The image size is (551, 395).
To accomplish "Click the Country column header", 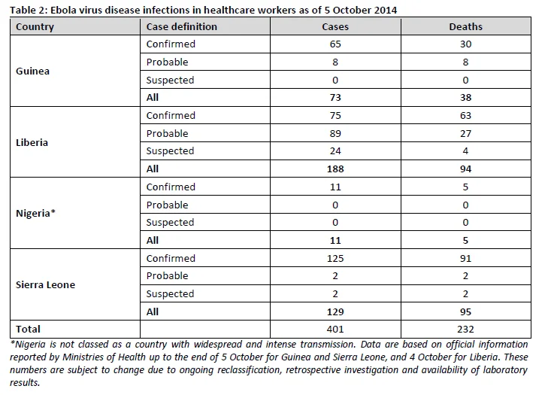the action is [x=35, y=27].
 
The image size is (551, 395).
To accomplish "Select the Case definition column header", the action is [x=181, y=27].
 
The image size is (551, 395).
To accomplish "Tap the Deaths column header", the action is [x=465, y=27].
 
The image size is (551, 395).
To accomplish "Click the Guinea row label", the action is [x=32, y=71].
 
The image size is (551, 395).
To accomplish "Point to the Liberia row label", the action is [x=32, y=142].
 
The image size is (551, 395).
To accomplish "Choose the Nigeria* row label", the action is [x=35, y=213].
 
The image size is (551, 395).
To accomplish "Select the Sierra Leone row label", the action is [x=45, y=284].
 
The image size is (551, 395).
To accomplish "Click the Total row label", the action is [x=28, y=329].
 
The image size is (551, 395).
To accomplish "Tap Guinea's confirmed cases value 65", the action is [x=335, y=44].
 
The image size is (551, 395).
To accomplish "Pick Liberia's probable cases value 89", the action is [x=335, y=133].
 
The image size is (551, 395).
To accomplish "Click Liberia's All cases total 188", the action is [x=335, y=169].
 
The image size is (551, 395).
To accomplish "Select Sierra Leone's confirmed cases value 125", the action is [x=335, y=258].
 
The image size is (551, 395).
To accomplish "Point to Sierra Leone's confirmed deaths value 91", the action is [x=465, y=258].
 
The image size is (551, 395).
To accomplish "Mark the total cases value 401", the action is [x=335, y=329].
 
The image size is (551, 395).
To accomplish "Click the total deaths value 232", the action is [x=465, y=329].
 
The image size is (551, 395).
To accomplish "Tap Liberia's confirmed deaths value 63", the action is [x=465, y=115].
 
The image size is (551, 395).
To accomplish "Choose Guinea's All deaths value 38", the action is [x=465, y=97].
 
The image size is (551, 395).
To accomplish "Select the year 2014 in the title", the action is [x=385, y=10].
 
